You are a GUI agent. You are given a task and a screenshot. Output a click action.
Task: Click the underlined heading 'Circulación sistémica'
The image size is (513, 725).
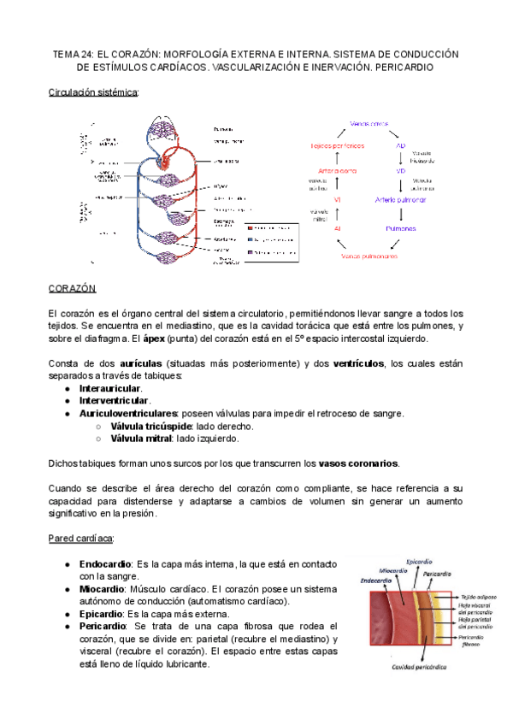tap(93, 91)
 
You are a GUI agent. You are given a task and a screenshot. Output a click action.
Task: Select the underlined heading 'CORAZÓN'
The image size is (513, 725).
tap(73, 290)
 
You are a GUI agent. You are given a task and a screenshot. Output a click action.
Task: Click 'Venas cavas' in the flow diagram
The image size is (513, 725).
tap(370, 123)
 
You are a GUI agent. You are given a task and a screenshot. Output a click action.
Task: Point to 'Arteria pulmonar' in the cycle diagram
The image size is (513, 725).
tap(400, 200)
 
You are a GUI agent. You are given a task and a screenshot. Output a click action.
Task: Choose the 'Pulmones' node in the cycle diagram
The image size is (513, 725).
tap(400, 229)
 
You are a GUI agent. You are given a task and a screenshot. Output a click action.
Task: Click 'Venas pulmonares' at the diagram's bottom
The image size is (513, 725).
tap(369, 256)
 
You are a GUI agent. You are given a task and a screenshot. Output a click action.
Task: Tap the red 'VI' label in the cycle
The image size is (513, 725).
tap(338, 200)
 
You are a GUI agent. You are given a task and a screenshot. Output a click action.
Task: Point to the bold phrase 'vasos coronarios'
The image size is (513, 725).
tap(358, 463)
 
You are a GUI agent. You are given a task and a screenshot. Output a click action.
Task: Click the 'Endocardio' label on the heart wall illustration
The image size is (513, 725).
tap(375, 580)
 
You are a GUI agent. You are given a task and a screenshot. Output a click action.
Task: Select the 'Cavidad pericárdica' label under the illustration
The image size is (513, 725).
tap(399, 666)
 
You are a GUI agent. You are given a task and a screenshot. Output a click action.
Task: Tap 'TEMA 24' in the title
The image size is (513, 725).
tap(77, 53)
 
